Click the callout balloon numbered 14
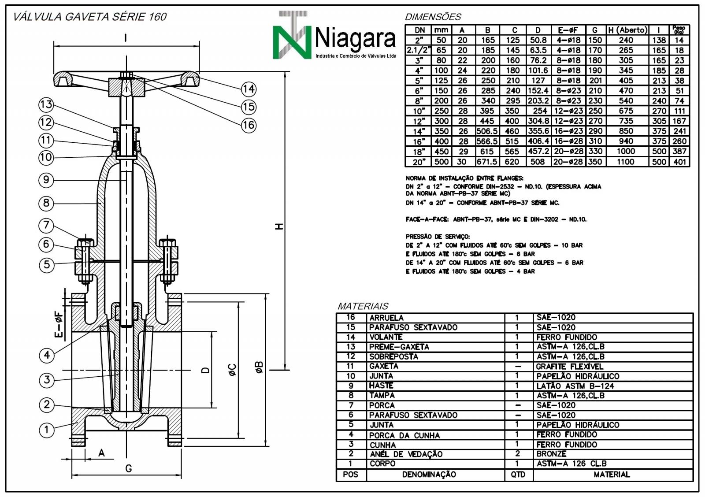tap(249, 89)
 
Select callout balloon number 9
tap(46, 180)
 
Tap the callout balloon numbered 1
tap(47, 430)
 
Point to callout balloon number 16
tap(249, 125)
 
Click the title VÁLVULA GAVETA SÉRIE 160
tap(90, 17)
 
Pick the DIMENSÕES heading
tap(433, 17)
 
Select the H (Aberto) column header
tap(627, 30)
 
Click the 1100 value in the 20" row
tap(626, 162)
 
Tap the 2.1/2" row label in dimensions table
tap(418, 50)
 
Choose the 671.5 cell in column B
tap(487, 162)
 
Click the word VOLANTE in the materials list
tap(386, 337)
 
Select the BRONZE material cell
tap(551, 454)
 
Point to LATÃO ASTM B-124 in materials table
tap(575, 386)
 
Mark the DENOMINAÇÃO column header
tap(429, 475)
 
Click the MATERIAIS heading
tap(363, 306)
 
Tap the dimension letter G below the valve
tap(128, 468)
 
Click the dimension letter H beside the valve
tap(279, 226)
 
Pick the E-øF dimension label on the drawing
tap(59, 325)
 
